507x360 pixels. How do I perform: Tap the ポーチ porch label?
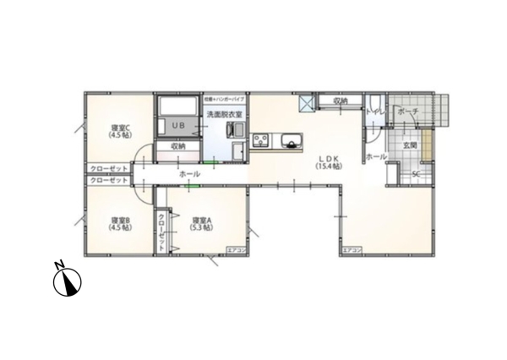click(x=406, y=112)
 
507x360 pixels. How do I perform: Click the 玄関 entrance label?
click(x=410, y=146)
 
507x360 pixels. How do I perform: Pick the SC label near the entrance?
click(x=416, y=175)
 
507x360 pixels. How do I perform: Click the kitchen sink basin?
click(x=292, y=141)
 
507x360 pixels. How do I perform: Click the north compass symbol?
click(x=66, y=281)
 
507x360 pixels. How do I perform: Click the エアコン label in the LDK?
click(x=351, y=251)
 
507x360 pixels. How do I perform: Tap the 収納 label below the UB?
click(x=177, y=146)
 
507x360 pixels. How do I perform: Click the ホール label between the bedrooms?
click(x=189, y=174)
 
